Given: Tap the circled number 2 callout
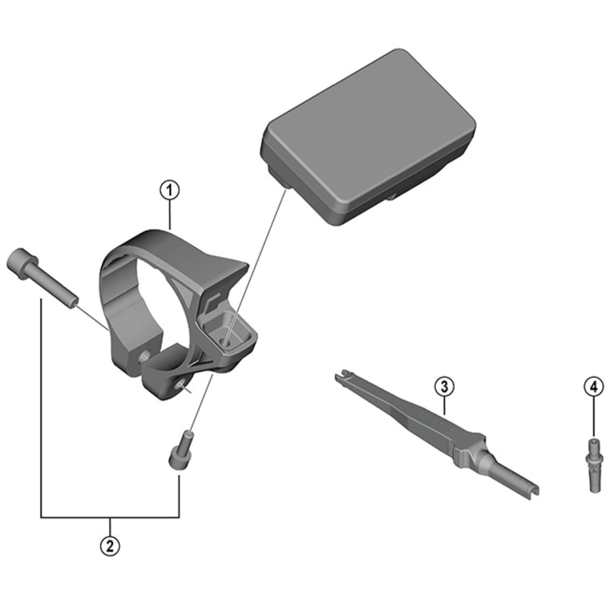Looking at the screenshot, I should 110,546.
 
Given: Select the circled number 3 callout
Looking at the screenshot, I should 444,387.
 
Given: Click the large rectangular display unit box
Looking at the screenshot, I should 369,138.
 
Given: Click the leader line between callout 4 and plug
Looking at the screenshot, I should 594,415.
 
